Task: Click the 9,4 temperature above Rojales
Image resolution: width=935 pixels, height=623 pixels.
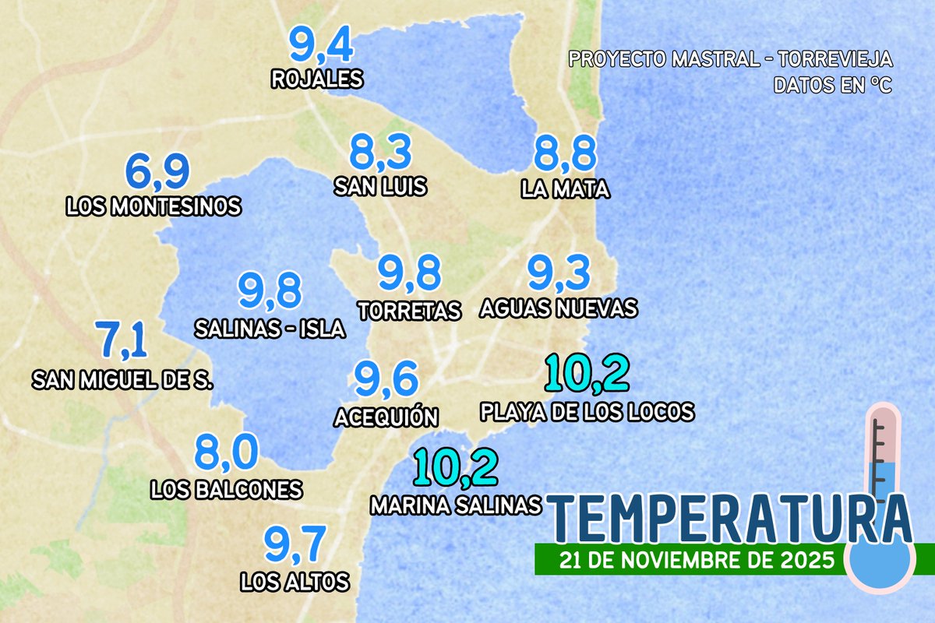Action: (322, 45)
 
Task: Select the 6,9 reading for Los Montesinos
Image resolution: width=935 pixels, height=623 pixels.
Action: (158, 173)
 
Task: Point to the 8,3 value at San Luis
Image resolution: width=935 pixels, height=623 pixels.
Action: (380, 153)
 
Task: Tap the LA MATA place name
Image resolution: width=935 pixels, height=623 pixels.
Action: (566, 188)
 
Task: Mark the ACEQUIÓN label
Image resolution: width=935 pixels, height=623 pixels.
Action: (386, 417)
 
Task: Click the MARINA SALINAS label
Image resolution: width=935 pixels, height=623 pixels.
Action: (456, 505)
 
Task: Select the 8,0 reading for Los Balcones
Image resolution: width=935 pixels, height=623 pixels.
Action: (226, 454)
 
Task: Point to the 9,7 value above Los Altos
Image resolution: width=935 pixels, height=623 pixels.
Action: (294, 545)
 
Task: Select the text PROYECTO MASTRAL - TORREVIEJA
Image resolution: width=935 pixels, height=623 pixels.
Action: (731, 60)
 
